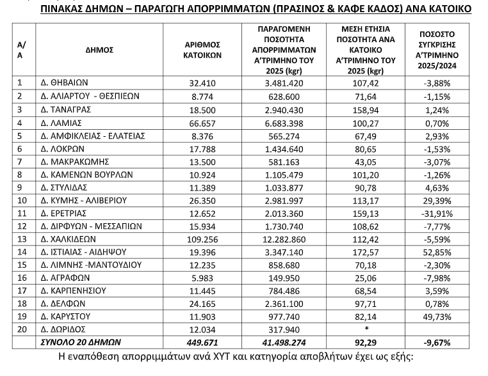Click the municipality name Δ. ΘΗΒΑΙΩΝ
pos(65,82)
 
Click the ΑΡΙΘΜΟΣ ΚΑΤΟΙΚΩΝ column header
pos(202,49)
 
